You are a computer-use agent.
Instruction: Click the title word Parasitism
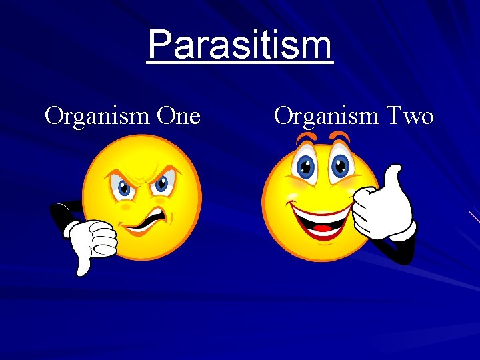(x=239, y=45)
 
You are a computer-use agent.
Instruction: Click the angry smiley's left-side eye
(x=124, y=187)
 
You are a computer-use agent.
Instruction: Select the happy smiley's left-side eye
(x=307, y=166)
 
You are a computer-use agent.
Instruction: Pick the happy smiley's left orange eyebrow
(x=306, y=139)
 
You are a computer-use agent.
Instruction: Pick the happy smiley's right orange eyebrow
(x=340, y=137)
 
